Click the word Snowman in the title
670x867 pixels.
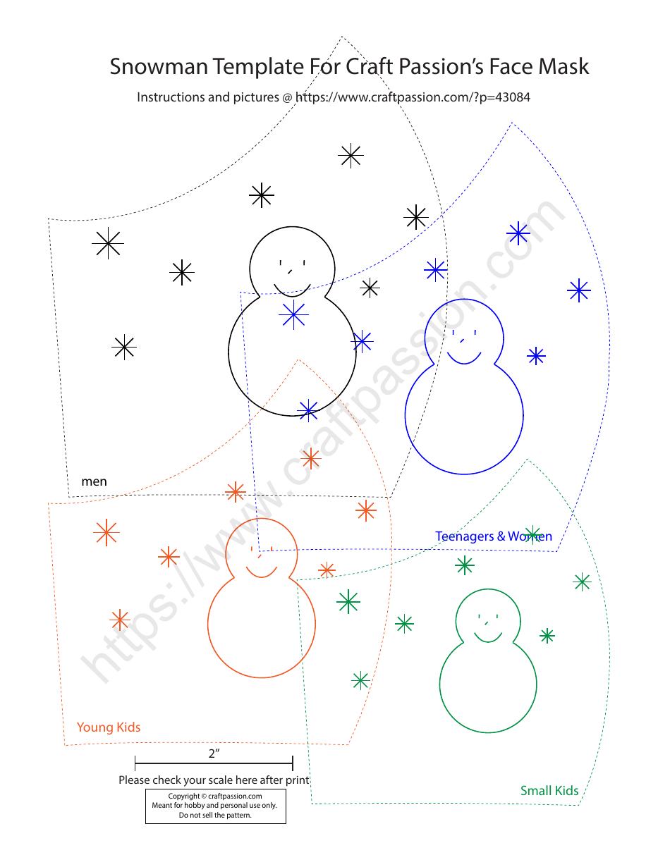pyautogui.click(x=159, y=67)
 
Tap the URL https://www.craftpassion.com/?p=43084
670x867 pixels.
pyautogui.click(x=413, y=97)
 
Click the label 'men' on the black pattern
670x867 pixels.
pyautogui.click(x=95, y=481)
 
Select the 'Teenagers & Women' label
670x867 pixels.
pyautogui.click(x=494, y=536)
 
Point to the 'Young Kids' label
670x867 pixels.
pyautogui.click(x=109, y=727)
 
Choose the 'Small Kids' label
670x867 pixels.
pyautogui.click(x=549, y=790)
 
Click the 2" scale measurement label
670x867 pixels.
pyautogui.click(x=214, y=753)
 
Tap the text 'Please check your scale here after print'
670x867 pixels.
pyautogui.click(x=214, y=780)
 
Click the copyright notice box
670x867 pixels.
pyautogui.click(x=215, y=806)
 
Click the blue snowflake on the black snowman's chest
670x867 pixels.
pyautogui.click(x=293, y=314)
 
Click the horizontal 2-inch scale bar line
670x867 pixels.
pyautogui.click(x=214, y=763)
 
